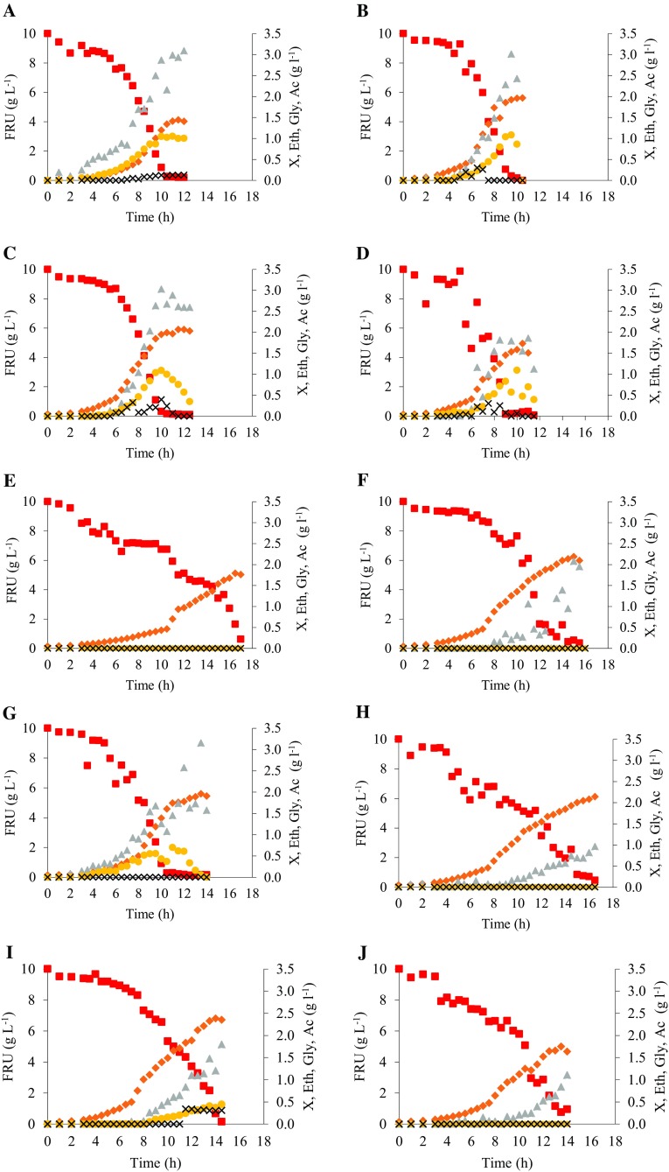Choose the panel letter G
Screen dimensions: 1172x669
9,710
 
